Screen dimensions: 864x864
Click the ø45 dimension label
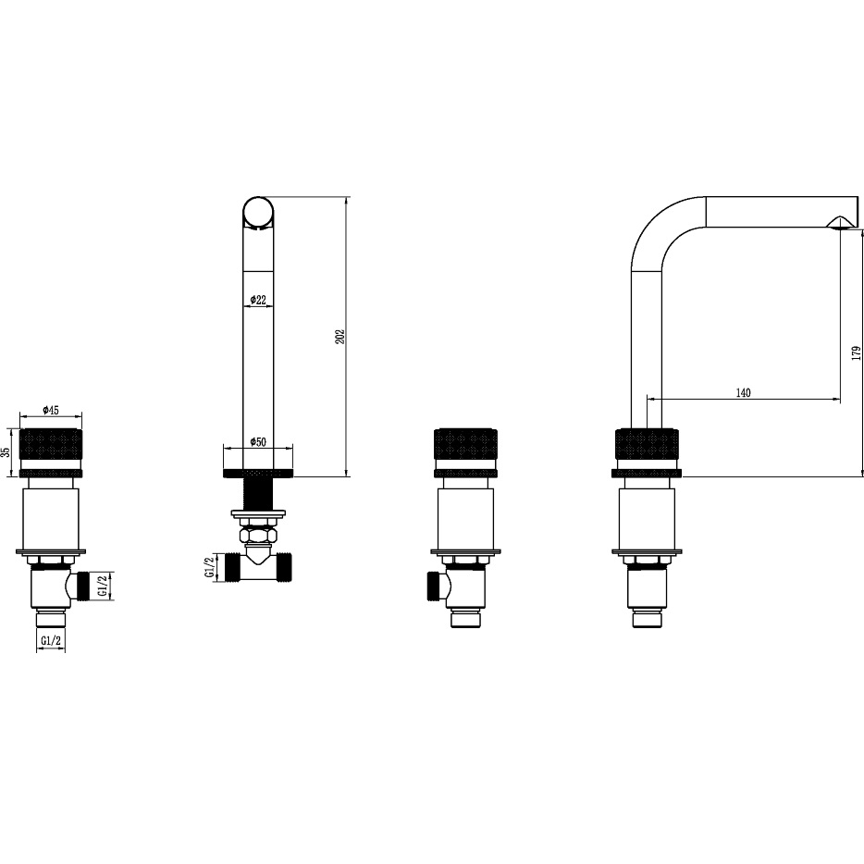(51, 410)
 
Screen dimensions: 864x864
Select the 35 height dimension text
(6, 452)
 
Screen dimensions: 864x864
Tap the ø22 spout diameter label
(258, 300)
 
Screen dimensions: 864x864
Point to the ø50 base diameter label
(258, 442)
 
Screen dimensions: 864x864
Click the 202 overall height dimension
(340, 337)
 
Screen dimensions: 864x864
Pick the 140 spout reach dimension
(744, 393)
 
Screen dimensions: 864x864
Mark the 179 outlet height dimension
(856, 353)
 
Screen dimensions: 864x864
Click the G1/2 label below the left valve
(51, 640)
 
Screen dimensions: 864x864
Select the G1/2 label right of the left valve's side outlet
(102, 586)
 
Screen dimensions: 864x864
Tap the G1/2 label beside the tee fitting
(209, 568)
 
